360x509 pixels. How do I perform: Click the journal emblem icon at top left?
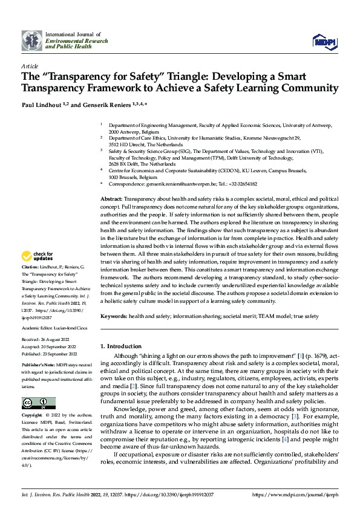pyautogui.click(x=32, y=41)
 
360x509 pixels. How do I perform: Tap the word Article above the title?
pyautogui.click(x=29, y=66)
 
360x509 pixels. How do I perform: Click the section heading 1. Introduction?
pyautogui.click(x=124, y=346)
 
